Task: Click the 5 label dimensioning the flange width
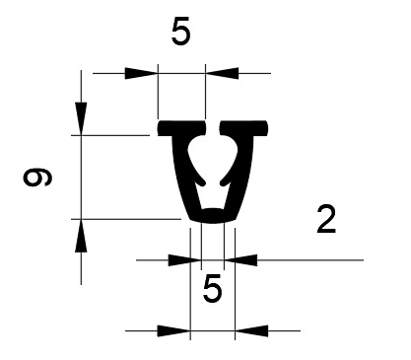click(x=180, y=33)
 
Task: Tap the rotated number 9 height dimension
click(x=37, y=177)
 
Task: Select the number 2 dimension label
click(x=326, y=219)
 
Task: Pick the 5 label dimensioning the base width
click(x=213, y=289)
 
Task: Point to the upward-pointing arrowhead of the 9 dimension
click(x=81, y=236)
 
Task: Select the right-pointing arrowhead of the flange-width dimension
click(x=141, y=73)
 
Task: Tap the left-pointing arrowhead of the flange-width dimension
click(x=222, y=73)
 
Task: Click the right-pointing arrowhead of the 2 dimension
click(x=184, y=260)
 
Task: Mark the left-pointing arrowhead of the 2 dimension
click(x=240, y=260)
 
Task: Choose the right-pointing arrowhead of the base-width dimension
click(x=174, y=331)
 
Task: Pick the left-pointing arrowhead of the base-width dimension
click(x=251, y=331)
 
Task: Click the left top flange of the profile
click(x=181, y=128)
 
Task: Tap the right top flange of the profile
click(x=243, y=128)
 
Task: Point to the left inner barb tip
click(x=203, y=183)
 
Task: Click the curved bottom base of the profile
click(x=213, y=216)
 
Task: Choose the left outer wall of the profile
click(x=183, y=175)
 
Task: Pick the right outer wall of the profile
click(x=242, y=175)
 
